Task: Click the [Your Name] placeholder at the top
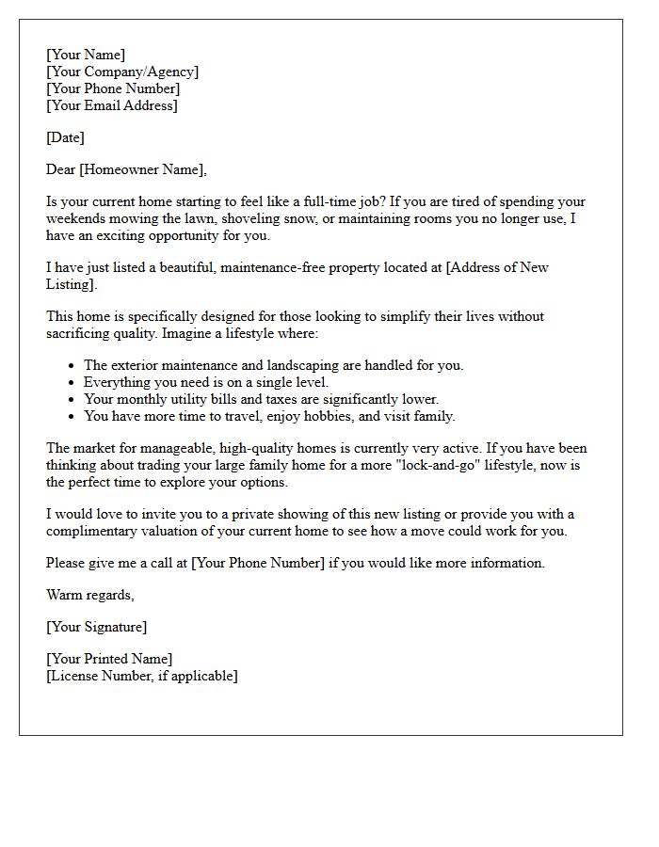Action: (86, 55)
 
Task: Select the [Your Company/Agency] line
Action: (122, 72)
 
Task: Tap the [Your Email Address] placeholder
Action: (112, 105)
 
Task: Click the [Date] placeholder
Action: (65, 137)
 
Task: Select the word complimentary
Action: (90, 531)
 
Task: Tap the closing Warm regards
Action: (90, 595)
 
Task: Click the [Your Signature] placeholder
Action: (96, 627)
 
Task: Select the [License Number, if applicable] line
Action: (142, 676)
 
